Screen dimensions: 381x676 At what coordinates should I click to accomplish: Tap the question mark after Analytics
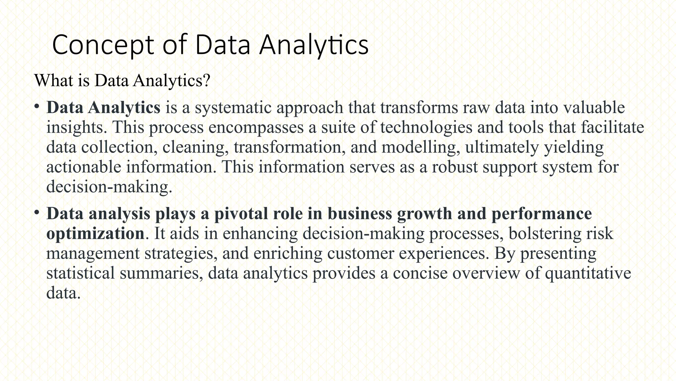tap(207, 80)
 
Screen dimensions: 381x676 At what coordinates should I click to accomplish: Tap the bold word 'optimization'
tap(95, 234)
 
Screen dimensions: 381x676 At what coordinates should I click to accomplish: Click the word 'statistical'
tap(81, 273)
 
